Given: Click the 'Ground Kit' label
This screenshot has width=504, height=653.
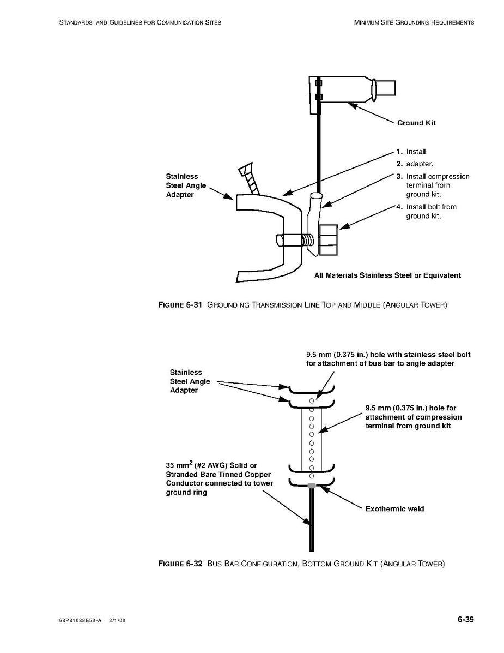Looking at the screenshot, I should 416,123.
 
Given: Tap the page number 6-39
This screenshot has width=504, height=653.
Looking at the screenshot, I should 465,619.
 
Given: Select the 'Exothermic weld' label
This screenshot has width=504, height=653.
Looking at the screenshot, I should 394,509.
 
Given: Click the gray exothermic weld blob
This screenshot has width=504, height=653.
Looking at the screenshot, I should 312,486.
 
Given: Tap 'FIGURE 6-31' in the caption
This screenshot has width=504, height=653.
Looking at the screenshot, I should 180,305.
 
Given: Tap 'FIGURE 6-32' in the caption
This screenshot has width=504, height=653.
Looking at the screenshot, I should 180,564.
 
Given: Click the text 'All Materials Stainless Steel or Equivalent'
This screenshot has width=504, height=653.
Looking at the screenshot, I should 387,275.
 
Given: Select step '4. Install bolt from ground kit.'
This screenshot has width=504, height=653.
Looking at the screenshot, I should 426,211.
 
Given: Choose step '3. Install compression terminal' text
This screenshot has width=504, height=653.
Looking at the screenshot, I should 433,185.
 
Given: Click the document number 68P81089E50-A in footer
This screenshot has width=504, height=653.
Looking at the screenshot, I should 80,621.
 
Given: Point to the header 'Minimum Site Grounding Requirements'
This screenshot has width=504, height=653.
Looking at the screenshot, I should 414,22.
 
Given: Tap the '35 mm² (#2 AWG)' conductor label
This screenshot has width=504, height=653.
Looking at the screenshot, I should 219,478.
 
